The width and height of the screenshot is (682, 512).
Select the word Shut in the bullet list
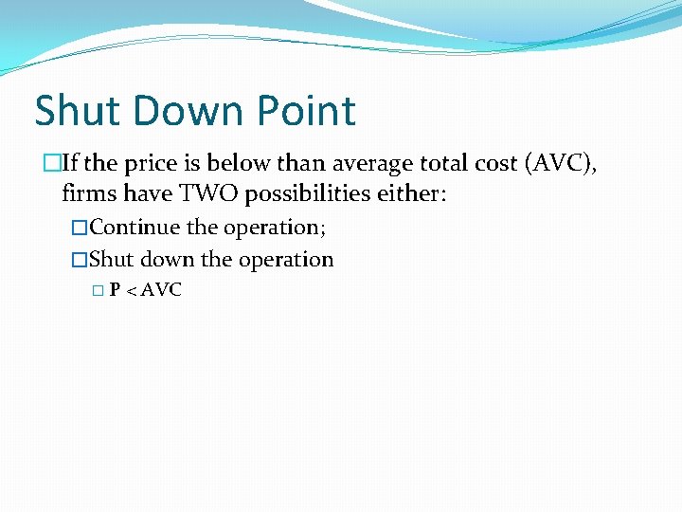[112, 259]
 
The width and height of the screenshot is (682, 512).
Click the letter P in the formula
[114, 290]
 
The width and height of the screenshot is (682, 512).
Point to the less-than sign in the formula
[130, 291]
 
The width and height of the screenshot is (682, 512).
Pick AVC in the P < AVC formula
[160, 290]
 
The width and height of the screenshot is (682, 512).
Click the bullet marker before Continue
[80, 228]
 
